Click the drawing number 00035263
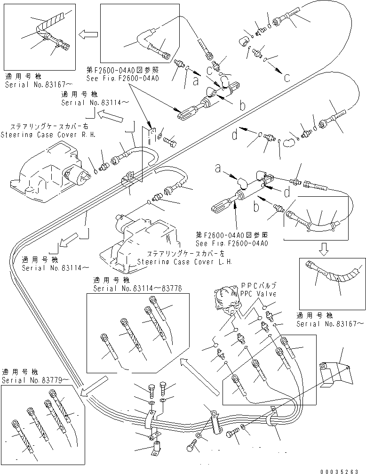341,469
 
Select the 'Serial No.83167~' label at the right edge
330,324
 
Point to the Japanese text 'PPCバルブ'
258,285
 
